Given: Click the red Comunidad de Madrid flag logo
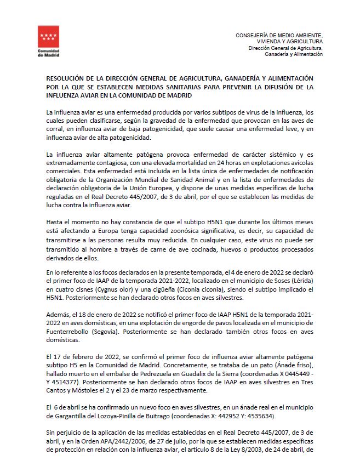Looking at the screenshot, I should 48,38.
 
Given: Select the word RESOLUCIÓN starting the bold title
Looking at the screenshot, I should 67,79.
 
